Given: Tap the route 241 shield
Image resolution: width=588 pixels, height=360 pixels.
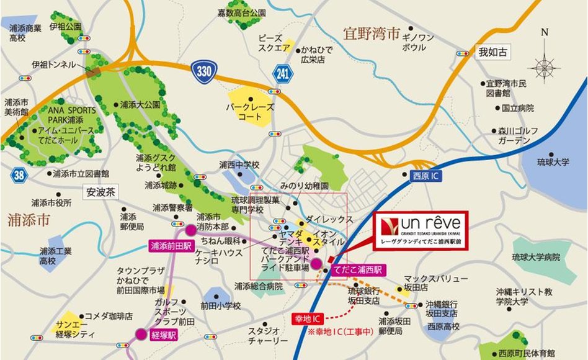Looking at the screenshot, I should (283, 74).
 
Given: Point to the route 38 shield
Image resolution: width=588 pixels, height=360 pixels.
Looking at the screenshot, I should (19, 176).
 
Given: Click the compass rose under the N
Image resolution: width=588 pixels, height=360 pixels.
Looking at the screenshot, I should (544, 65).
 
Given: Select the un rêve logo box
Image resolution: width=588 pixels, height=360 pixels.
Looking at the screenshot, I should (421, 230).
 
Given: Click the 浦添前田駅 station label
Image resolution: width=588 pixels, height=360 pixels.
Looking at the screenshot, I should (167, 246).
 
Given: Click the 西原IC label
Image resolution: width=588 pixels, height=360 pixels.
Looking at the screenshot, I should (425, 177).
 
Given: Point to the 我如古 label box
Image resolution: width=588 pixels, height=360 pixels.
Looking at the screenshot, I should (492, 52).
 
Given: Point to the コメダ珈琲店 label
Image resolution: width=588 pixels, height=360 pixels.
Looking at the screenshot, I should (109, 315).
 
